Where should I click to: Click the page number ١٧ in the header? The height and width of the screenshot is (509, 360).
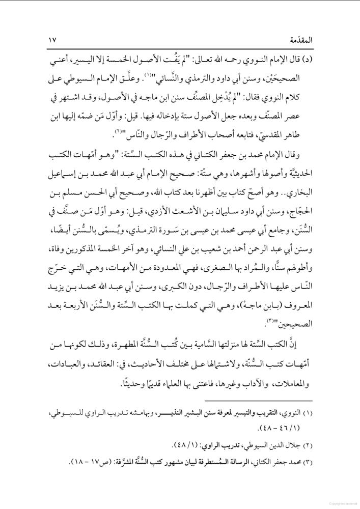click(x=52, y=40)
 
